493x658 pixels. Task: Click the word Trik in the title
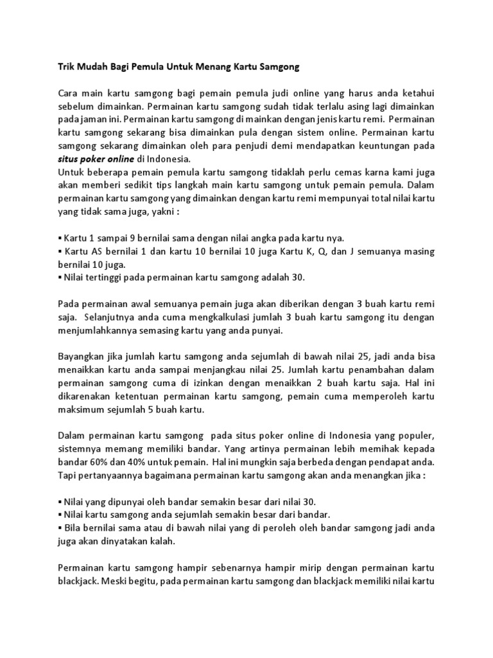[x=66, y=66]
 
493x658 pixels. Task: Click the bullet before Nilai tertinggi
[x=59, y=277]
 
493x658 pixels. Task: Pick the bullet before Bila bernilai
[x=59, y=528]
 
